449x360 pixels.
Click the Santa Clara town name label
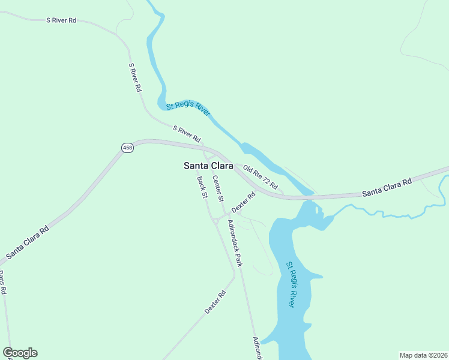pyautogui.click(x=208, y=166)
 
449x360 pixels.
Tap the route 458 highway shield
pyautogui.click(x=127, y=148)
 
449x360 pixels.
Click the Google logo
pyautogui.click(x=20, y=353)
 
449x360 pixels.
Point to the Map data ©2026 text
pyautogui.click(x=423, y=355)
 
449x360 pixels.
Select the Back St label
pyautogui.click(x=202, y=187)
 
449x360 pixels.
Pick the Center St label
pyautogui.click(x=218, y=190)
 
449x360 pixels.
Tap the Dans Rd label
pyautogui.click(x=2, y=282)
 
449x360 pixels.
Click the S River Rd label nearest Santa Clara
pyautogui.click(x=187, y=133)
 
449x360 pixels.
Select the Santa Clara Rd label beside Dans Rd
pyautogui.click(x=28, y=242)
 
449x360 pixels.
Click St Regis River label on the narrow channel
pyautogui.click(x=188, y=108)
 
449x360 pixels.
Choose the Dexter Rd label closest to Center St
pyautogui.click(x=244, y=202)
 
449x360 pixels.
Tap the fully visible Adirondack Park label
pyautogui.click(x=235, y=243)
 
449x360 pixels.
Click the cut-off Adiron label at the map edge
pyautogui.click(x=258, y=348)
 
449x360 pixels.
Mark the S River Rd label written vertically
pyautogui.click(x=135, y=77)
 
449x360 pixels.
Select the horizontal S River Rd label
pyautogui.click(x=61, y=20)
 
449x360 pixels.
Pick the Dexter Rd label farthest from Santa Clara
pyautogui.click(x=214, y=302)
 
